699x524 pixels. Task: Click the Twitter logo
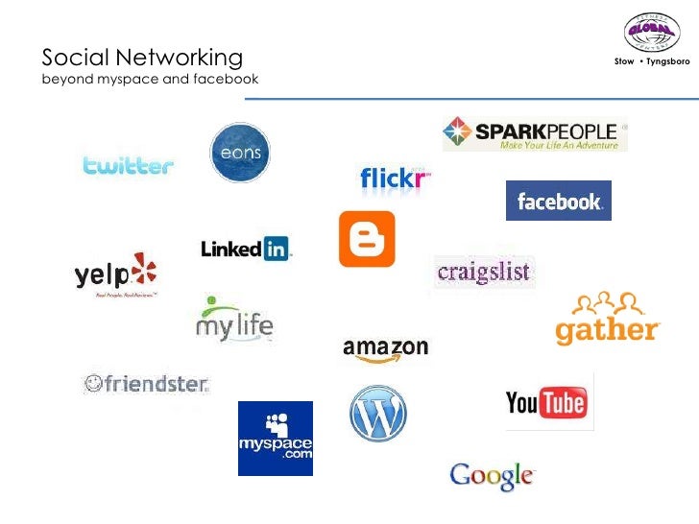[x=128, y=165]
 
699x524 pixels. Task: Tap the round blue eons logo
[x=240, y=153]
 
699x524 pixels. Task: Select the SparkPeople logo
[x=535, y=134]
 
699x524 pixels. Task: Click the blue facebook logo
[x=559, y=201]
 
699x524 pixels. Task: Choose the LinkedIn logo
[x=246, y=249]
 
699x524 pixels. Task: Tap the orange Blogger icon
[x=367, y=239]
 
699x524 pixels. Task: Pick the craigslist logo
[x=484, y=273]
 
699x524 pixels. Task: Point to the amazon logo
[x=385, y=349]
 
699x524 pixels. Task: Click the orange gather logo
[x=608, y=320]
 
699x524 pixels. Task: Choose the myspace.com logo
[x=276, y=439]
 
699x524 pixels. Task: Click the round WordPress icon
[x=378, y=414]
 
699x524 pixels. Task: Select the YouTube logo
[x=546, y=403]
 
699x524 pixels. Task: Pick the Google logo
[x=491, y=474]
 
